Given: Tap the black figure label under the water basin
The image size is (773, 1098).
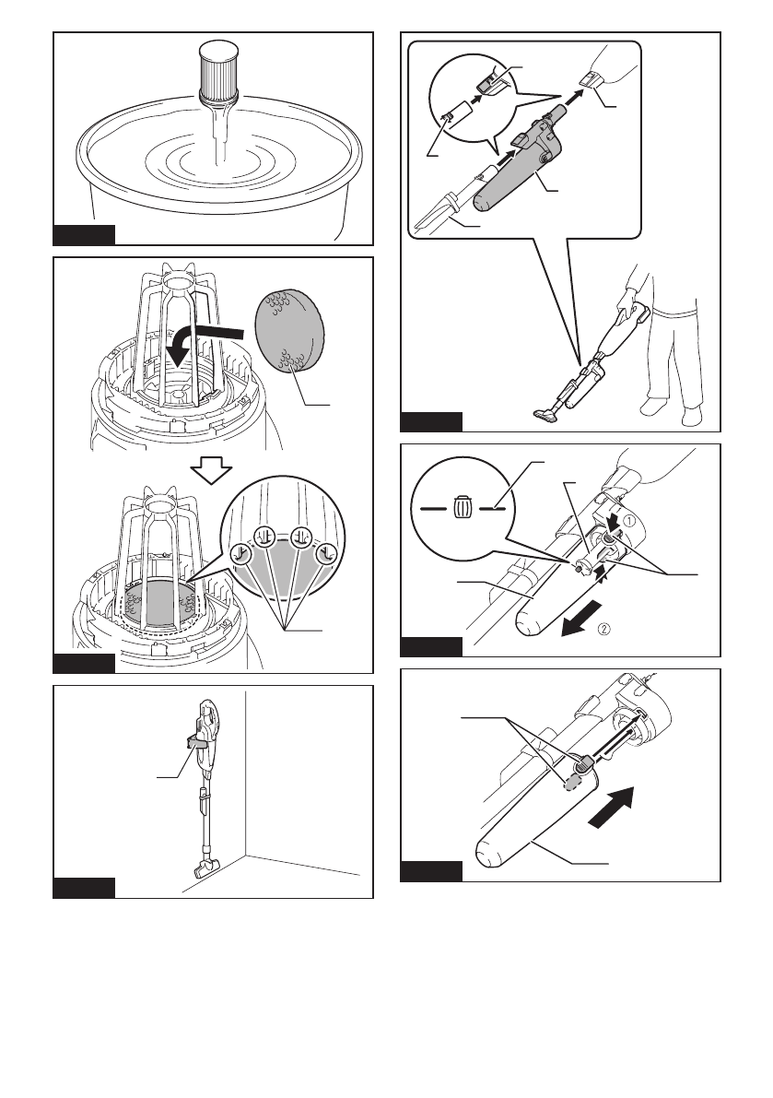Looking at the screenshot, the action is point(84,233).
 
